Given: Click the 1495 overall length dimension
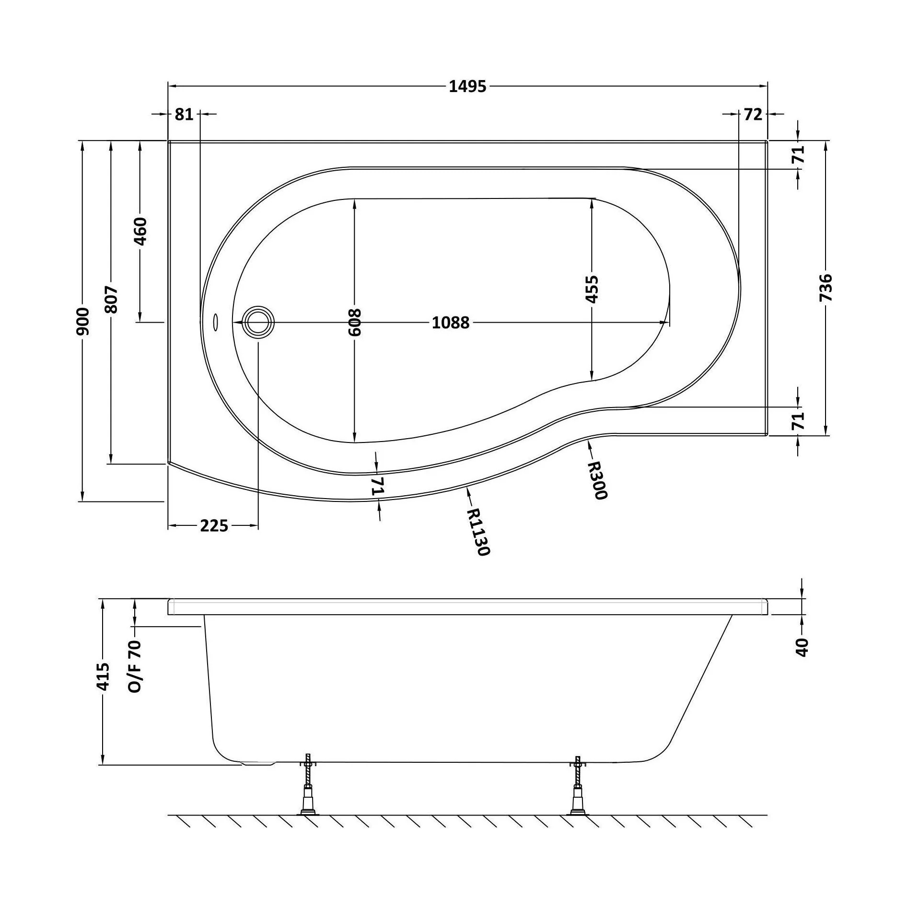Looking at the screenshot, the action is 467,86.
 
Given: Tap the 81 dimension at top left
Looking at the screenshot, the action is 184,114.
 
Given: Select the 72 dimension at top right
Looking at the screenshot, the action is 753,114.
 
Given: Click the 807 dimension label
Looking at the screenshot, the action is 111,300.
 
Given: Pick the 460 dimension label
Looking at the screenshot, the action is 140,231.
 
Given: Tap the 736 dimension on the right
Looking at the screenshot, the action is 826,287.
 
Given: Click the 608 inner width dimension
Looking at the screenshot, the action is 355,322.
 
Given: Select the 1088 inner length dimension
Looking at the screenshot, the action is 451,323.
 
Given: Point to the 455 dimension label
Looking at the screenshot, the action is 593,289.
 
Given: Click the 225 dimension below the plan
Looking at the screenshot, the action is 214,526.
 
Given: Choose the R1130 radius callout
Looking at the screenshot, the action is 477,532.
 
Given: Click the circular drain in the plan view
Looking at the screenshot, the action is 259,322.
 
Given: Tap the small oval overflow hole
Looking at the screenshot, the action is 215,322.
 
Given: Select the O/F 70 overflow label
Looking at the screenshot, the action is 135,666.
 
